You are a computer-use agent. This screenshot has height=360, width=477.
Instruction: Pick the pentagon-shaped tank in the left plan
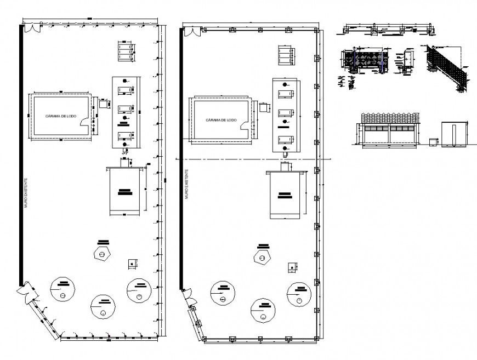pyautogui.click(x=102, y=254)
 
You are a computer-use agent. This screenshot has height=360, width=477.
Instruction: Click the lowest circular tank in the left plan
pyautogui.click(x=101, y=306)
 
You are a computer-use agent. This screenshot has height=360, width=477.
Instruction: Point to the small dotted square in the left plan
pyautogui.click(x=132, y=264)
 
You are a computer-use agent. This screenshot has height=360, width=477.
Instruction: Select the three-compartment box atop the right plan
pyautogui.click(x=286, y=55)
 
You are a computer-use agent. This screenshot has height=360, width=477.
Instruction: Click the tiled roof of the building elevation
pyautogui.click(x=389, y=118)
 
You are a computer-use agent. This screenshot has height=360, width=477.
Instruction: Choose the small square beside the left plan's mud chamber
pyautogui.click(x=102, y=103)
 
